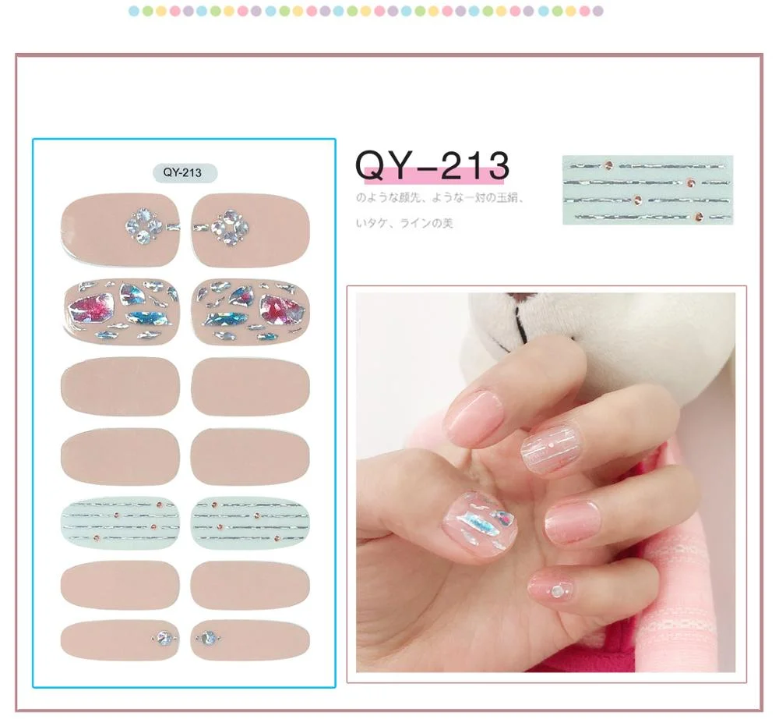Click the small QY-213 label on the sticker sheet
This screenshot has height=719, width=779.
184,173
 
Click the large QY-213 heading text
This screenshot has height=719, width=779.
432,165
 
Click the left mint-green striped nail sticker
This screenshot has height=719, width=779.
120,521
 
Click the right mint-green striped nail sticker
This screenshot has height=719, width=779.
250,521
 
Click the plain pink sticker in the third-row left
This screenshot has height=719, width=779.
120,386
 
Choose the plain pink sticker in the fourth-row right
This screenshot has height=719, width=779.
250,455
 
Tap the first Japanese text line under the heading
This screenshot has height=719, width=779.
439,199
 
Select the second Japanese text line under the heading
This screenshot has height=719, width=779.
404,224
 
